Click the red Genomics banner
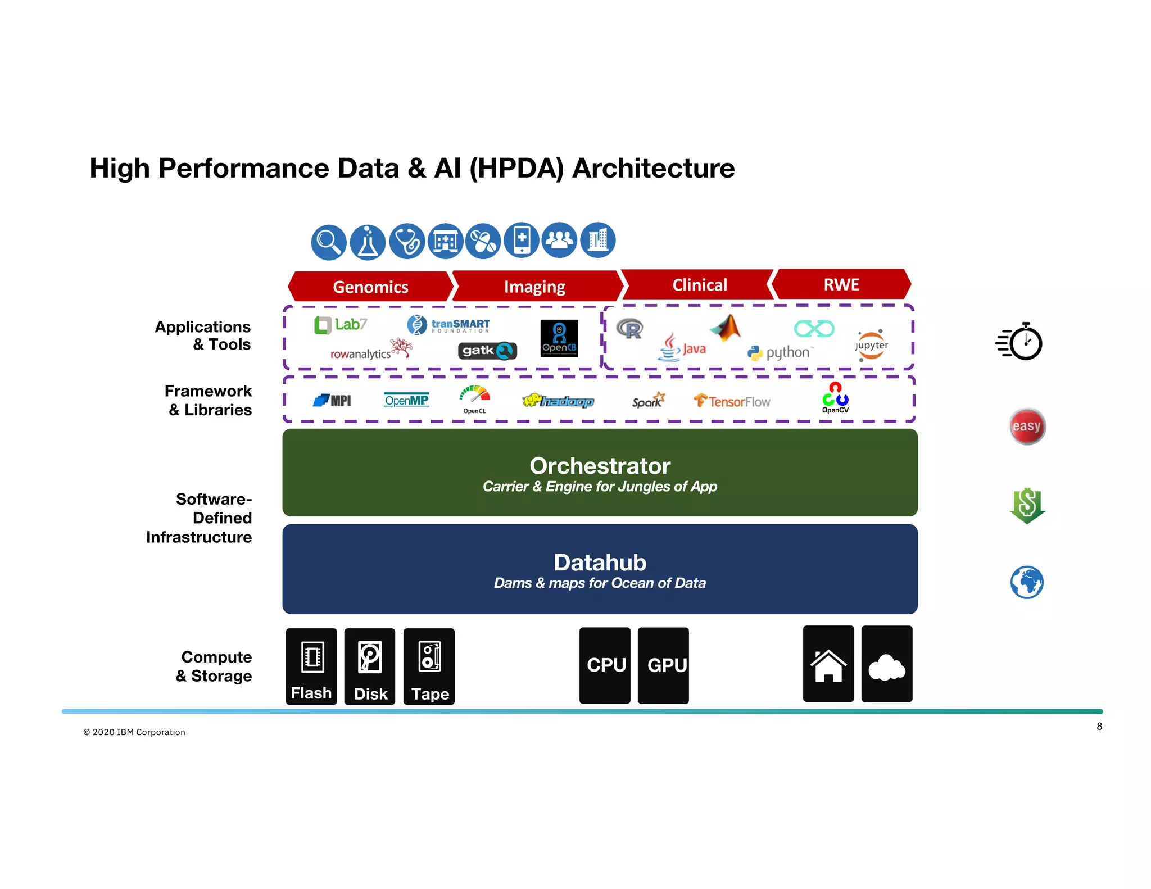coord(370,287)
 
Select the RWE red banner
coord(841,284)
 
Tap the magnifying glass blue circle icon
coord(328,242)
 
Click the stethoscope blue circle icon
coord(407,242)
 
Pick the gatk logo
coord(487,351)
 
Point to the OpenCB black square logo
coord(559,338)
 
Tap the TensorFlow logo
coord(732,401)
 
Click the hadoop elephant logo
coord(558,401)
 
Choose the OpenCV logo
coord(835,397)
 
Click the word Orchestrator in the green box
coord(600,466)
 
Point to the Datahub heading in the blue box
coord(600,563)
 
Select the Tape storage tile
coord(429,666)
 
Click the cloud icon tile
coord(886,664)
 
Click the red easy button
coord(1027,427)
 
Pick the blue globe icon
coord(1026,582)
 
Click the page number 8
coord(1099,727)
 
